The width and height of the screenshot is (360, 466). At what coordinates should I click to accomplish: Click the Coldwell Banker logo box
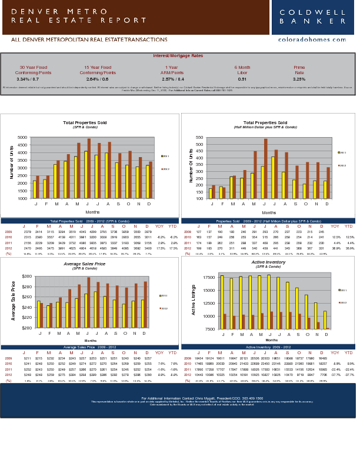pyautogui.click(x=313, y=17)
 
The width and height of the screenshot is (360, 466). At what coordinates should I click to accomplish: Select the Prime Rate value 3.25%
pyautogui.click(x=299, y=79)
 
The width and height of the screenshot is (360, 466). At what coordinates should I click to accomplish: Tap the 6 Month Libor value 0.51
pyautogui.click(x=242, y=79)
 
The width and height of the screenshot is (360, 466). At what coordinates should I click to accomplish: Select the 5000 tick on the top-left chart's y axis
pyautogui.click(x=23, y=137)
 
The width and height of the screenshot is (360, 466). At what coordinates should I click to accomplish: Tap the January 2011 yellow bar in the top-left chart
pyautogui.click(x=35, y=189)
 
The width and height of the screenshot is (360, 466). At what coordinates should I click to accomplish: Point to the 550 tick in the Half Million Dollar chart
pyautogui.click(x=203, y=137)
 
